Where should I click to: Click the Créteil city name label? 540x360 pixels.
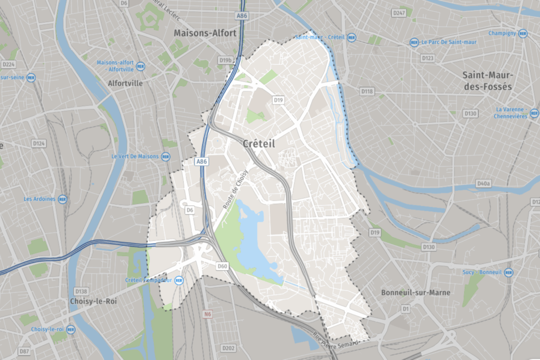pos(259,143)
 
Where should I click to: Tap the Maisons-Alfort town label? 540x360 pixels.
pos(205,33)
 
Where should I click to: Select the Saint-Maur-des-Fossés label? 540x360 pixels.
pos(487,81)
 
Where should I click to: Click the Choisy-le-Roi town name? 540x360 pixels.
pos(93,301)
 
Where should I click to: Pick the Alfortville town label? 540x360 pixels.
pos(125,83)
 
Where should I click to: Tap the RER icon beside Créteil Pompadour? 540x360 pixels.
pos(178,280)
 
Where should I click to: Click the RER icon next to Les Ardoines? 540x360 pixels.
pos(62,199)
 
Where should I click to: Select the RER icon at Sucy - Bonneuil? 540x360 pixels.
pos(508,273)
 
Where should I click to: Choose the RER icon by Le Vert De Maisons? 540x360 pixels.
pos(166,157)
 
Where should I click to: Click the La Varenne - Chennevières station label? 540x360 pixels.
pos(511,113)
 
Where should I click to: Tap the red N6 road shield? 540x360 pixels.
pos(208,315)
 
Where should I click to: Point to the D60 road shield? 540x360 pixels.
pos(222,267)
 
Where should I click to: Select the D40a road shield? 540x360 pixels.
pos(483,183)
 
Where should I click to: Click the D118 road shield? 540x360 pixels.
pos(367,91)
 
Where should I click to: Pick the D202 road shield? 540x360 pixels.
pos(228,348)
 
